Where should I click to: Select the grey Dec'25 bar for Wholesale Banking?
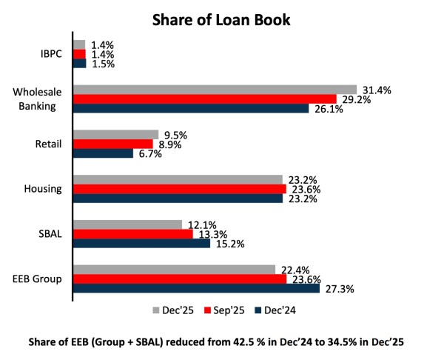(x=215, y=89)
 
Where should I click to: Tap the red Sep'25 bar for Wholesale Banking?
(x=204, y=99)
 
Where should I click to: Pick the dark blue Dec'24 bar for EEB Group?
(x=196, y=288)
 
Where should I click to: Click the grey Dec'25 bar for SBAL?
(x=127, y=224)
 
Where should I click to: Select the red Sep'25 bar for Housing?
(x=180, y=189)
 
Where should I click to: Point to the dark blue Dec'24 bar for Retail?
(x=103, y=153)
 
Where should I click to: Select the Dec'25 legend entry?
(x=172, y=310)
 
